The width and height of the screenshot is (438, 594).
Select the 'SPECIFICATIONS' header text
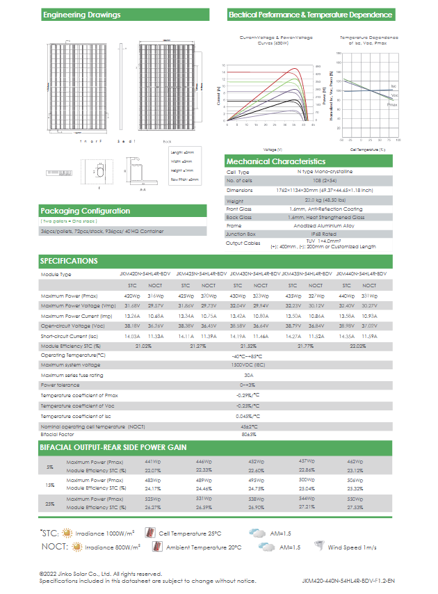(x=69, y=261)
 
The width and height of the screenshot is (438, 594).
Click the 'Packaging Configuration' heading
(x=85, y=211)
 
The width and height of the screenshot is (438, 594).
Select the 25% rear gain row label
(x=49, y=504)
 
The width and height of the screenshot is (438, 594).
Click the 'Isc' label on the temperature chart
(x=394, y=85)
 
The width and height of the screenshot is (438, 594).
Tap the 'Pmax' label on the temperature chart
(x=392, y=104)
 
